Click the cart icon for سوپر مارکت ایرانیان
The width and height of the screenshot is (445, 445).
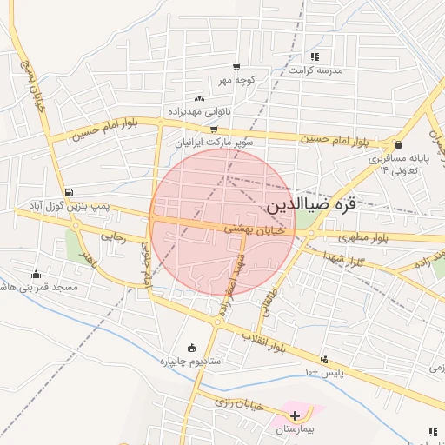[x=214, y=129]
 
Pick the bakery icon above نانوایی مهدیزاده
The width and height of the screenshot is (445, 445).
[x=199, y=99]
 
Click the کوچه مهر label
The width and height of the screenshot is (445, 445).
[x=236, y=80]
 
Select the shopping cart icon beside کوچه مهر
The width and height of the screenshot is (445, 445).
[x=236, y=67]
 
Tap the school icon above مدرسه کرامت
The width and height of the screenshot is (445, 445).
[x=314, y=56]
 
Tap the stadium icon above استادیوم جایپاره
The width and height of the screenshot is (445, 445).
[x=191, y=348]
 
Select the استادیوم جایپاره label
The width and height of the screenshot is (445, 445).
[x=191, y=361]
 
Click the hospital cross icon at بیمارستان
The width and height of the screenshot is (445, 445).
[x=295, y=416]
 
